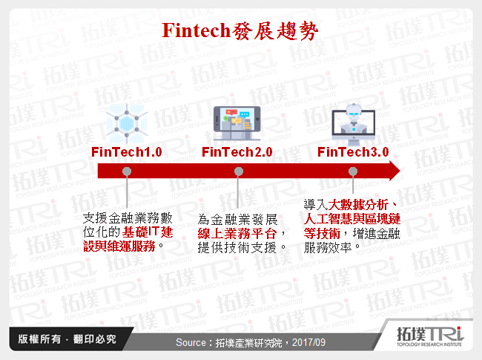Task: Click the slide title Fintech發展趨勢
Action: tap(240, 32)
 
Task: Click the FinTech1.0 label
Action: tap(127, 152)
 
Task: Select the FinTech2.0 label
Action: tap(237, 152)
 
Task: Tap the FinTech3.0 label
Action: tap(353, 152)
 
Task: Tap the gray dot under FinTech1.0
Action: tap(127, 171)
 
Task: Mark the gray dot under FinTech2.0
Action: tap(238, 171)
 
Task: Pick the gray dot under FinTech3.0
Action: tap(353, 171)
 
